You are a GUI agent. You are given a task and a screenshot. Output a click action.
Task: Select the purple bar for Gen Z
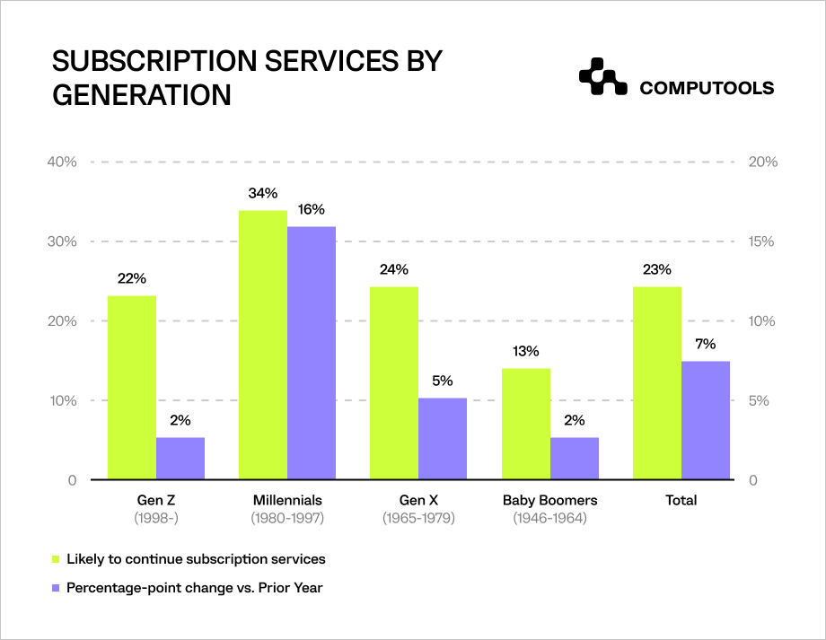coord(180,459)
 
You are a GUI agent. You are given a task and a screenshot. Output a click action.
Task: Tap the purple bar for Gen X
coord(443,439)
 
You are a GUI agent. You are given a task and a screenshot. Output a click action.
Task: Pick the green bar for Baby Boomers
coord(525,424)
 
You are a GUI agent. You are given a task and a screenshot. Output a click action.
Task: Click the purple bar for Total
coord(706,421)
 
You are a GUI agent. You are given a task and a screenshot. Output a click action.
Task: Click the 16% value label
coord(312,209)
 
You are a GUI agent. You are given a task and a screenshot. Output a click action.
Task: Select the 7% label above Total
coord(705,344)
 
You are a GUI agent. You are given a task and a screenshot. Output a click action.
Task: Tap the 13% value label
coord(526,351)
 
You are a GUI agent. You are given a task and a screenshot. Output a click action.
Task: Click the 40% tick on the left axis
coord(62,162)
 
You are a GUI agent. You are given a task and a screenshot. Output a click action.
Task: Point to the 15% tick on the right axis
coord(762,241)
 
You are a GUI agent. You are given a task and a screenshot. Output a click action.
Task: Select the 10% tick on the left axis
coord(62,400)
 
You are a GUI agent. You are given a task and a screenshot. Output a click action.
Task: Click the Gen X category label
coord(418,500)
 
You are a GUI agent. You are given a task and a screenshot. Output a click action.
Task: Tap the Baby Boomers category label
coord(549,500)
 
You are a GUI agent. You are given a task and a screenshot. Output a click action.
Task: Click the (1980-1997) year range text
coord(287,518)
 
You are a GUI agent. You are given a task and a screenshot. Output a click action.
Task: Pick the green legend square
coord(56,559)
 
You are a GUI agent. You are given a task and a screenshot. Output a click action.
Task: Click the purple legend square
coord(56,588)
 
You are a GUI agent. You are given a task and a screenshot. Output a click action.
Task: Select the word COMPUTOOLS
coord(707,88)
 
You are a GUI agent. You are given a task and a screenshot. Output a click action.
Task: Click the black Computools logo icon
coord(602,78)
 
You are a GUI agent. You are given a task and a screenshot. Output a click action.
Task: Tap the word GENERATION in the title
coord(142,95)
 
